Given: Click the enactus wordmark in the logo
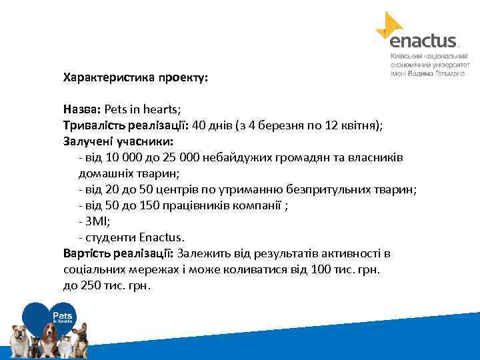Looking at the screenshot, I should tap(423, 41).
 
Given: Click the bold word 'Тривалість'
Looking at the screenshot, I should tap(91, 125).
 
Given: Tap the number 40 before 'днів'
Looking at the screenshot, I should tap(199, 125).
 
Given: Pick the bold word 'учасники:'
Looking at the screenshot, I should tap(144, 141).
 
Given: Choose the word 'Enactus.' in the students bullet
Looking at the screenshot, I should tap(161, 237).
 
